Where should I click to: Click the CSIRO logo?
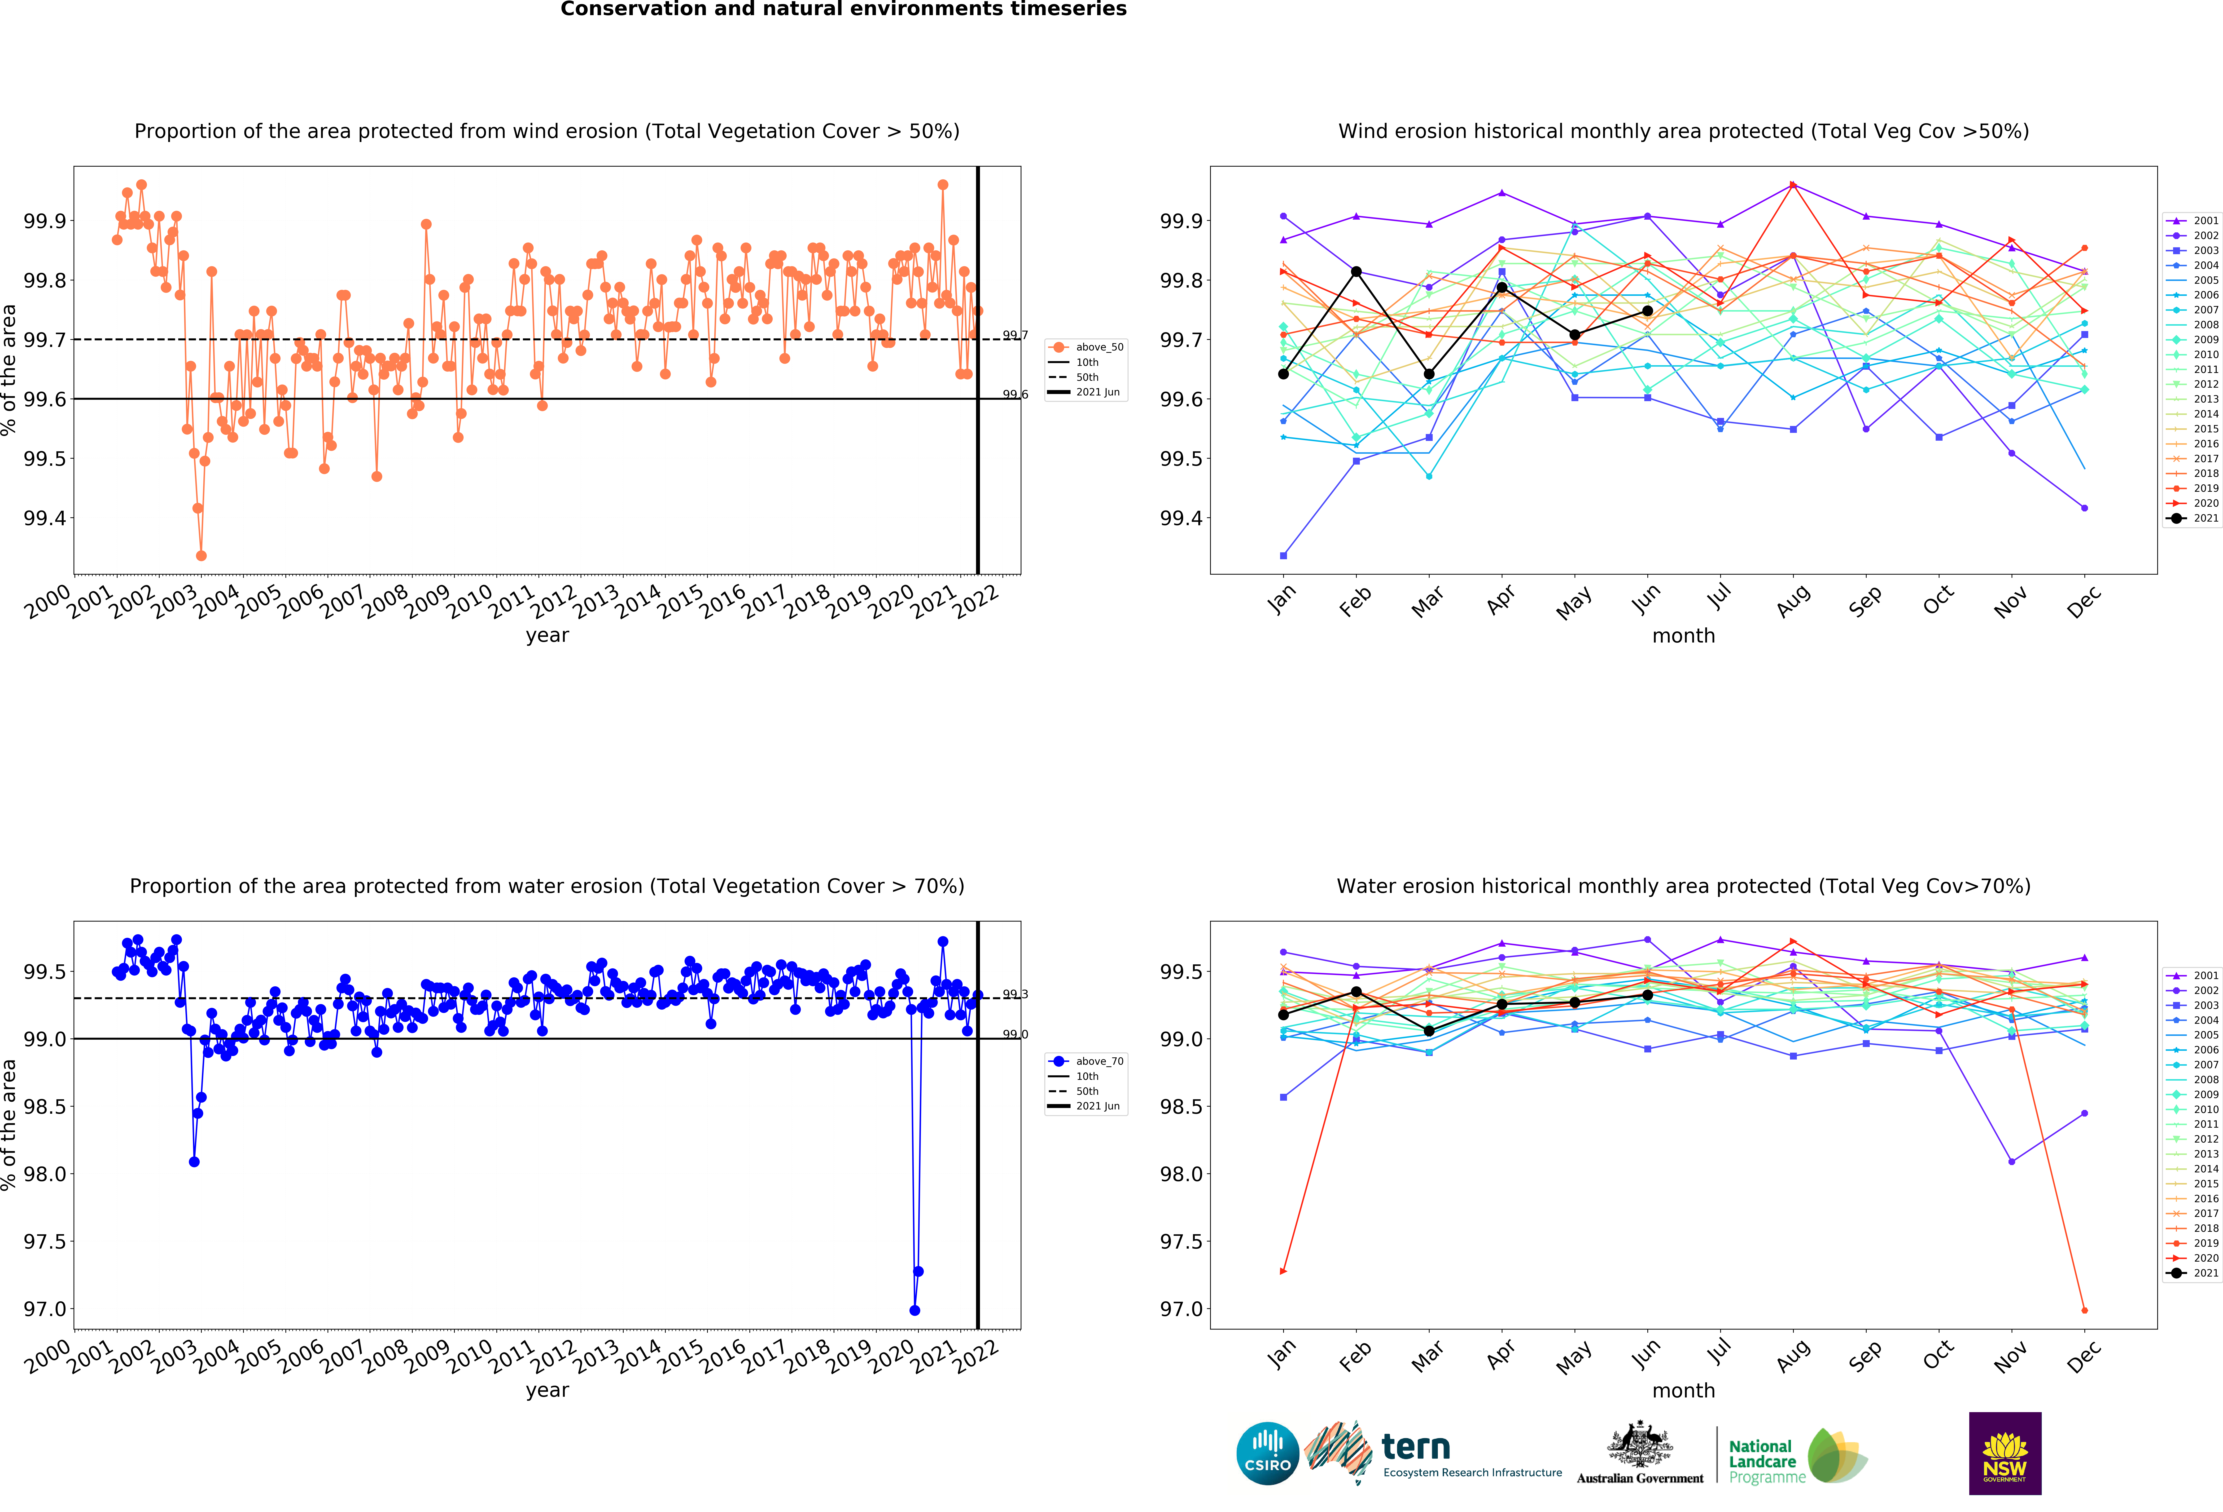(x=1267, y=1453)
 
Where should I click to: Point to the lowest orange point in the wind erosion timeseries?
(x=201, y=555)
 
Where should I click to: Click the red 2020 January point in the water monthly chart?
(x=1283, y=1271)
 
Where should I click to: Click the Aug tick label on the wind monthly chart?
(x=1793, y=600)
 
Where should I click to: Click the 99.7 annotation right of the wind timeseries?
(x=1015, y=335)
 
